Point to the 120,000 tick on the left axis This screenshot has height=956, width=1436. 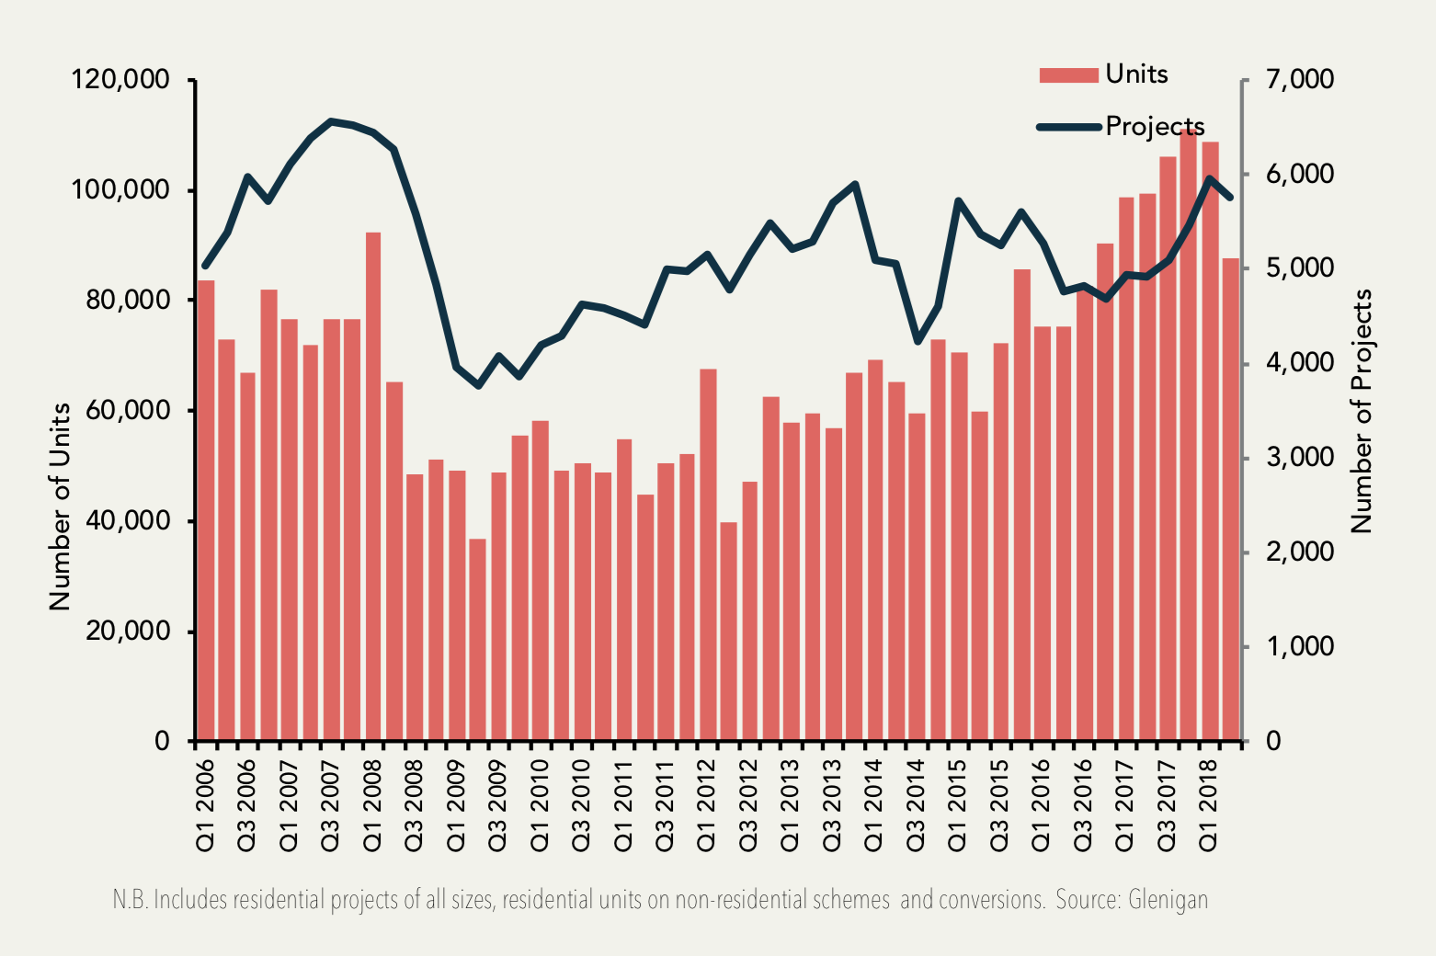click(x=120, y=80)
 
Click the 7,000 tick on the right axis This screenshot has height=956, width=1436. click(x=1299, y=80)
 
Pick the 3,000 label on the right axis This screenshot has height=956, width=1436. click(x=1299, y=458)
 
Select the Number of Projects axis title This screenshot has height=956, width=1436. click(x=1362, y=411)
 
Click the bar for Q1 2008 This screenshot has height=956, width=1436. click(x=373, y=487)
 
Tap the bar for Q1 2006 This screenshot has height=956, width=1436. click(x=206, y=510)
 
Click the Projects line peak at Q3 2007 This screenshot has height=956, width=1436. click(x=331, y=121)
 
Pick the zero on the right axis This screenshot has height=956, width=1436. click(x=1272, y=741)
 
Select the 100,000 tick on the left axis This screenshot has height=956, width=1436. click(x=120, y=190)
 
